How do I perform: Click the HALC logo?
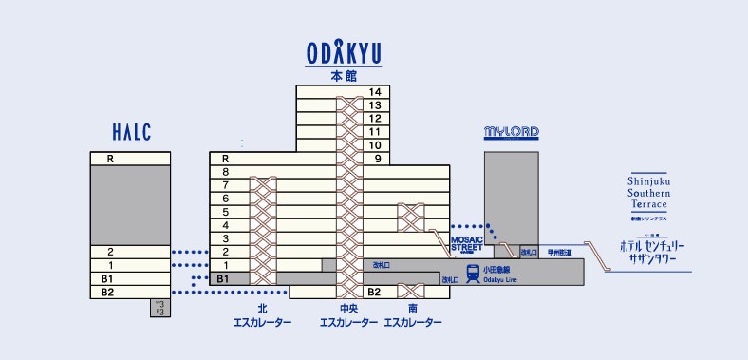click(131, 133)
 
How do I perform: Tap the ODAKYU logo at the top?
click(343, 53)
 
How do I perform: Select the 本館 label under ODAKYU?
click(343, 75)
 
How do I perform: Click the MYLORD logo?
click(512, 132)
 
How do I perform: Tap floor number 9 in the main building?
click(377, 159)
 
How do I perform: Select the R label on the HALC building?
click(110, 159)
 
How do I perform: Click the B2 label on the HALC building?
click(107, 292)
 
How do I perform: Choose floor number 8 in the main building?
click(225, 172)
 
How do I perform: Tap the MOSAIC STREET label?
click(467, 243)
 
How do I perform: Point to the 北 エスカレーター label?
click(262, 315)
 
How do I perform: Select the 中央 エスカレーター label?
click(348, 315)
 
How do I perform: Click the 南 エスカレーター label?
click(412, 315)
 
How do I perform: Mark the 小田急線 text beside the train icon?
click(499, 269)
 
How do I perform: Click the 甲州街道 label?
click(560, 253)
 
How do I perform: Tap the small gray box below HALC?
click(159, 308)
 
